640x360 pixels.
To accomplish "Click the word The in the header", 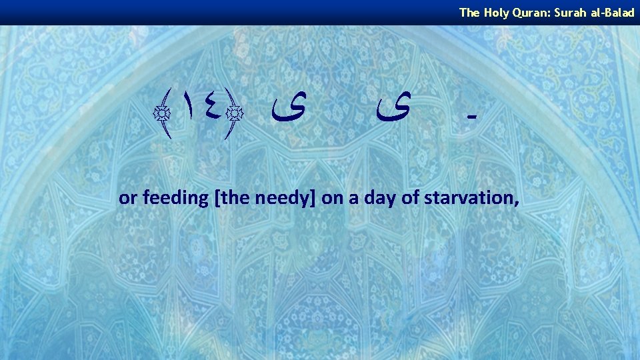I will [468, 12].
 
